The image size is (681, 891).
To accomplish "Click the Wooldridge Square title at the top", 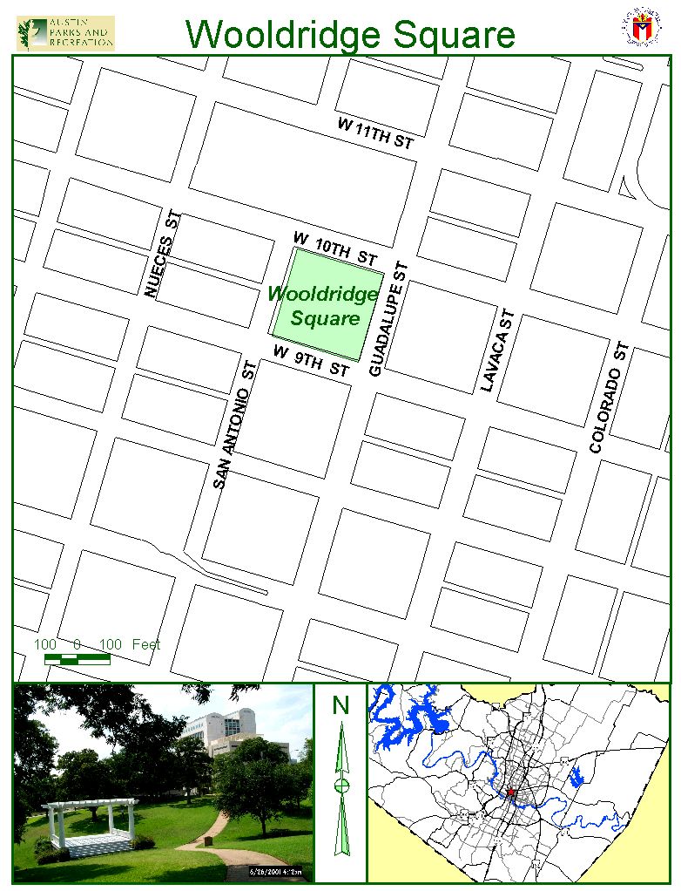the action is coord(350,34).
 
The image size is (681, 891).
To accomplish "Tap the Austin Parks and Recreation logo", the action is coord(65,33).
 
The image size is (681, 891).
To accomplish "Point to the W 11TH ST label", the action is coord(375,133).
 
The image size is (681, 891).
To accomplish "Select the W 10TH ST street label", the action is coord(335,248).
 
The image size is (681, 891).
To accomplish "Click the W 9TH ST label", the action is coord(311,361).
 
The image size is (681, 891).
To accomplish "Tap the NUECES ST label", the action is coord(163,254).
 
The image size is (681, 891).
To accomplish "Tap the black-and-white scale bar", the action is coord(78,659).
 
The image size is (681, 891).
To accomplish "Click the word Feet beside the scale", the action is coord(146,644).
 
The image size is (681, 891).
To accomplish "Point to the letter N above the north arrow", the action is coord(340,704).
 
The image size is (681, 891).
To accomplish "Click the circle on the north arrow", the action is coord(341,786).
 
